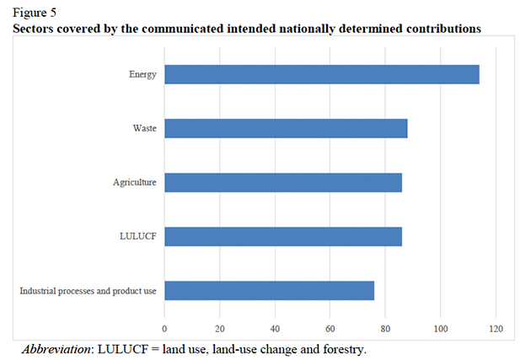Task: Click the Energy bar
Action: point(321,74)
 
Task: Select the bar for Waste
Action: point(286,128)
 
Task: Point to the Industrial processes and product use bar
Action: point(269,291)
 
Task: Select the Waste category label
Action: point(143,128)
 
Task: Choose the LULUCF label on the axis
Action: point(139,237)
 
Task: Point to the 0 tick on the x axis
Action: point(164,328)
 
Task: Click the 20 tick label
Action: point(219,328)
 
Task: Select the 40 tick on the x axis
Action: point(275,328)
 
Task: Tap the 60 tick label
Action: point(330,328)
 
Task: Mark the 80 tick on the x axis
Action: point(385,328)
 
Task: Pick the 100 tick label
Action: point(441,328)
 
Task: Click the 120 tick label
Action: point(496,328)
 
